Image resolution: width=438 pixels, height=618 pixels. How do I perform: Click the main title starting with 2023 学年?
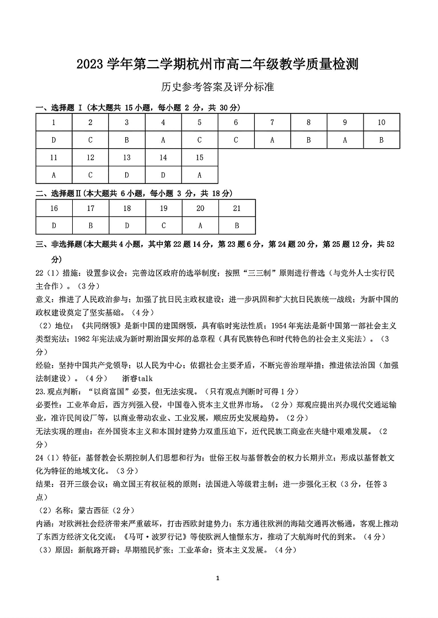(x=218, y=64)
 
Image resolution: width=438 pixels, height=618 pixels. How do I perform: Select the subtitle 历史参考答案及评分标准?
(x=218, y=87)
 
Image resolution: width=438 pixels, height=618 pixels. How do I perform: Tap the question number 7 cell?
(x=273, y=122)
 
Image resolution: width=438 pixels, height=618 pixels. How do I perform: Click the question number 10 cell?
(x=381, y=122)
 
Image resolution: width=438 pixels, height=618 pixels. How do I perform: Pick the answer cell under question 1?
(x=54, y=140)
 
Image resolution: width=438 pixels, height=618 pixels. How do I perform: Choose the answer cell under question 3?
(x=127, y=140)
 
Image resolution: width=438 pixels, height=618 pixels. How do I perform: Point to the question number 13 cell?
(x=127, y=158)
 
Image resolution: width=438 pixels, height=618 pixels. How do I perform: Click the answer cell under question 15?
(x=200, y=175)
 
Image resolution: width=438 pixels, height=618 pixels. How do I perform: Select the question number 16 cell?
(x=54, y=208)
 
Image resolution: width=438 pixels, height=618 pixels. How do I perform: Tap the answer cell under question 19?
(x=164, y=225)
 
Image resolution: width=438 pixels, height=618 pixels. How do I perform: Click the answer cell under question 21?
(x=237, y=225)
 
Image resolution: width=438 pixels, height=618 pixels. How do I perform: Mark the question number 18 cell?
(x=127, y=208)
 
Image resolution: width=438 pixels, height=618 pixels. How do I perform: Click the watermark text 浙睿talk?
(x=137, y=378)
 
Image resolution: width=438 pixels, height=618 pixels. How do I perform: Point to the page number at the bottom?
(x=219, y=578)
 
